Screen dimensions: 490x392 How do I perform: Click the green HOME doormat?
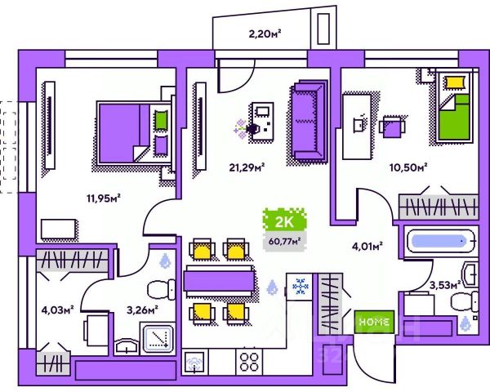pos(374,322)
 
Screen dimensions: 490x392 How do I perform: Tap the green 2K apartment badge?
pos(282,221)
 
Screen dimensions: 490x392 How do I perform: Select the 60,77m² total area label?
pos(283,240)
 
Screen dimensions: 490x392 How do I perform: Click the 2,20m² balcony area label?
pos(265,34)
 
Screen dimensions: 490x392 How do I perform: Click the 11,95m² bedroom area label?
pos(103,197)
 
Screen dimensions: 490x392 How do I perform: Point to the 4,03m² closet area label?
pos(58,309)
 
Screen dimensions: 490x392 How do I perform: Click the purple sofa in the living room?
pos(309,121)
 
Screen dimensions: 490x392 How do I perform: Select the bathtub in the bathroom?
pos(439,242)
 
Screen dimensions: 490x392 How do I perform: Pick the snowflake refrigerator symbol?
pos(300,287)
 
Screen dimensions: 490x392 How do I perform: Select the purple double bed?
pos(133,131)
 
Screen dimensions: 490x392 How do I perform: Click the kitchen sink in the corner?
pos(195,360)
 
